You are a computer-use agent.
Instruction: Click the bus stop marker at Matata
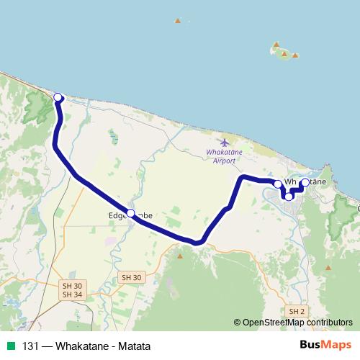click(x=58, y=98)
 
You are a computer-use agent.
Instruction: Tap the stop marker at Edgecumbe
click(x=130, y=212)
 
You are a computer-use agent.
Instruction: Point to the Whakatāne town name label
click(x=305, y=181)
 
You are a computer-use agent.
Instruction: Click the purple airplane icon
click(x=225, y=142)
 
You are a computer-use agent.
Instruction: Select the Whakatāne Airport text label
click(x=225, y=157)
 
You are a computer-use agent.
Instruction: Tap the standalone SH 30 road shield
click(x=132, y=277)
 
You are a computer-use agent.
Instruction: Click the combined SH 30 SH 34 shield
click(x=72, y=290)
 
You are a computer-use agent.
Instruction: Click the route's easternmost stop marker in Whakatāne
click(x=305, y=183)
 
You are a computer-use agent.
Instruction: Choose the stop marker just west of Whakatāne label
click(x=278, y=184)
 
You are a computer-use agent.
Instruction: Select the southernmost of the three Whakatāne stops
click(x=289, y=196)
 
